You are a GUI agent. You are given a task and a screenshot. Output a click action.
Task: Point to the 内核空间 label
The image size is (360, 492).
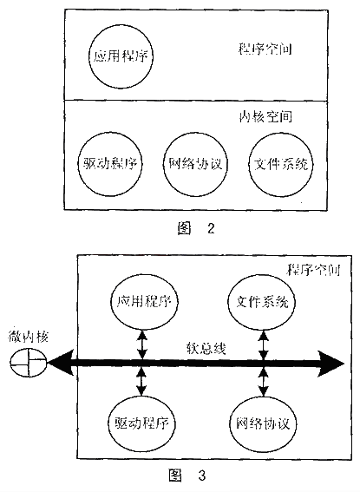pyautogui.click(x=265, y=116)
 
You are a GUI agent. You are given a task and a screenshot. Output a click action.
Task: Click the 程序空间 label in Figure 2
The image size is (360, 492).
pyautogui.click(x=265, y=49)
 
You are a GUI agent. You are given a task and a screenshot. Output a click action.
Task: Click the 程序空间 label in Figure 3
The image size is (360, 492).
pyautogui.click(x=313, y=270)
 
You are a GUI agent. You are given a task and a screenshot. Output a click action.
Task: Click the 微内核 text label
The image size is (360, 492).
pyautogui.click(x=28, y=337)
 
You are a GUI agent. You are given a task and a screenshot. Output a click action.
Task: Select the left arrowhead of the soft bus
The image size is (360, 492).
pyautogui.click(x=61, y=364)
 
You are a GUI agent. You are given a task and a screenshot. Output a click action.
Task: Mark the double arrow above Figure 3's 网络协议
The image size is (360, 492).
pyautogui.click(x=264, y=383)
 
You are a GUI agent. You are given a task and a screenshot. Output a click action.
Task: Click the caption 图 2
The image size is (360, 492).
pyautogui.click(x=196, y=228)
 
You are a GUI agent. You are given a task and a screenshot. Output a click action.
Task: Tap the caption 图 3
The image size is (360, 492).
pyautogui.click(x=187, y=475)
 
